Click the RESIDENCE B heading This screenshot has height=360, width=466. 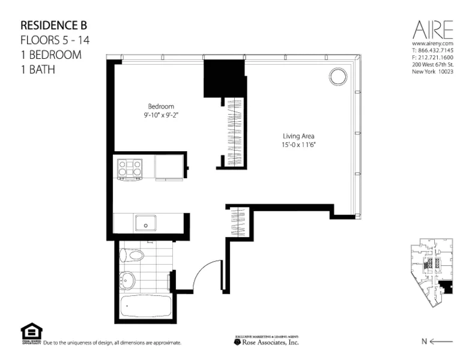[54, 26]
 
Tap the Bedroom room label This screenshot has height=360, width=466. [160, 106]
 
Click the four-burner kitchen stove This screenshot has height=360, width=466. [130, 169]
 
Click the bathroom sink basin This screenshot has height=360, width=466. [128, 279]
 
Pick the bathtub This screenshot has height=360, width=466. [144, 305]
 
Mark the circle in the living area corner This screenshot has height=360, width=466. [337, 76]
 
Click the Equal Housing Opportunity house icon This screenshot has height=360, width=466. [28, 331]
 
